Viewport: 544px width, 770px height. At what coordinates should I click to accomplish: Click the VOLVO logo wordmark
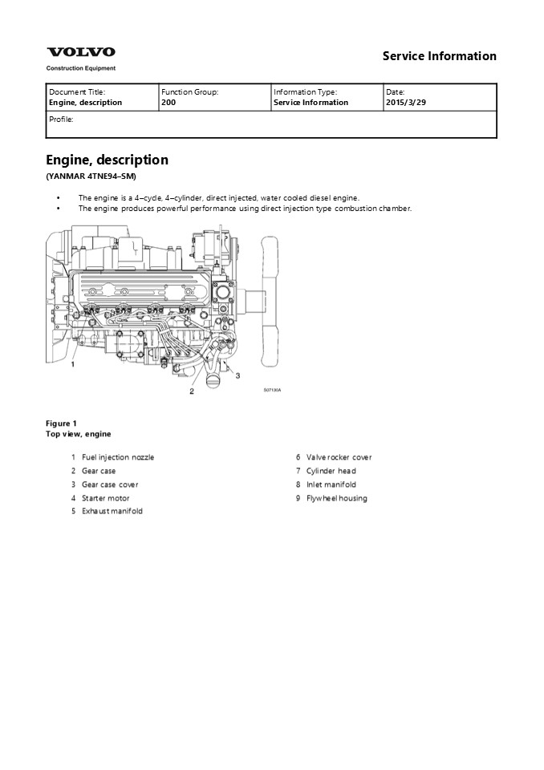[80, 52]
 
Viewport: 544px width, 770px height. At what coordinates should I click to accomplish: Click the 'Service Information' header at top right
[439, 56]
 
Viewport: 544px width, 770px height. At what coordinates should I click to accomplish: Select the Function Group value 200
[168, 103]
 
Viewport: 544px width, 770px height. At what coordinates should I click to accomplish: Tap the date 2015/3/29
[405, 103]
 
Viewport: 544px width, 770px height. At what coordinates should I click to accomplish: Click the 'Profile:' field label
[61, 119]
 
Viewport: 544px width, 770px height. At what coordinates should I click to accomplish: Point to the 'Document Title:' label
[77, 92]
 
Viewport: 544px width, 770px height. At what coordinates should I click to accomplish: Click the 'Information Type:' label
[305, 92]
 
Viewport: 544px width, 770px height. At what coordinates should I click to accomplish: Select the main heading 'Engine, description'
[107, 160]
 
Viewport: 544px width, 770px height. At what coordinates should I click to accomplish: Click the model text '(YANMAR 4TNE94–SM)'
[91, 176]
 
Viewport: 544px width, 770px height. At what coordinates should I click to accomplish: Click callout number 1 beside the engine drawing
[73, 364]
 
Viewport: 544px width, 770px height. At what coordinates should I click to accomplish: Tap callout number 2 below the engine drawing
[192, 391]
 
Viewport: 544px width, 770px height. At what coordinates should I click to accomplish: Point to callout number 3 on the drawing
[237, 375]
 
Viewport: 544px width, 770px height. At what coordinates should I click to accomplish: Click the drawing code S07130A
[273, 391]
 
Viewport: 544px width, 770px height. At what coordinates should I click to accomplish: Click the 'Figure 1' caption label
[61, 423]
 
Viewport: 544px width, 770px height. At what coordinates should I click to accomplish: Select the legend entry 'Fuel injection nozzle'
[118, 457]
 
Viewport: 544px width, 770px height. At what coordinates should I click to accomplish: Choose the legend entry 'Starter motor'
[105, 498]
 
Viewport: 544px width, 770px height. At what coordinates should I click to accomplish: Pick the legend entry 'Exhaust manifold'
[112, 511]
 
